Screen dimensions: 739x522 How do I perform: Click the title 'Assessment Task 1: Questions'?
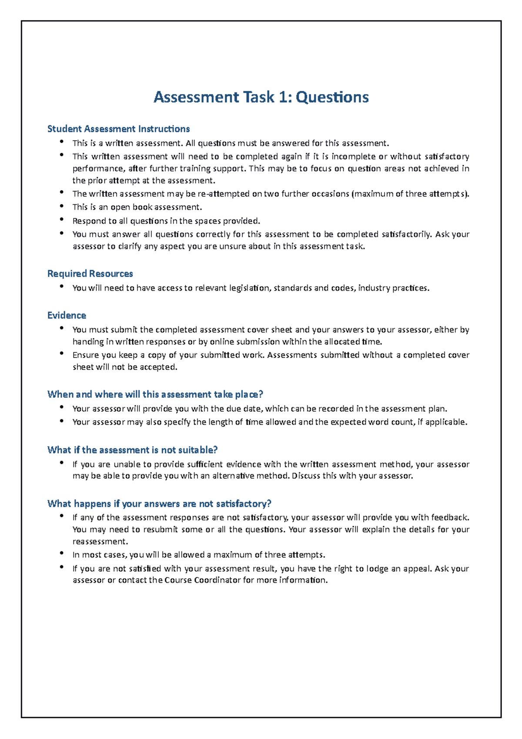pos(261,97)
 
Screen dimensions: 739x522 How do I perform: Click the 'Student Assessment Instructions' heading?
pos(118,129)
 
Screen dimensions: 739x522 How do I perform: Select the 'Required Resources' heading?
pos(90,274)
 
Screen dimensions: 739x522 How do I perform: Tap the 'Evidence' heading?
pos(67,316)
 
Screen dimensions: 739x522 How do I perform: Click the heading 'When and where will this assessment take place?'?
pos(155,394)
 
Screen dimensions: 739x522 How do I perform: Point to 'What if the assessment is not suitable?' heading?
pos(132,450)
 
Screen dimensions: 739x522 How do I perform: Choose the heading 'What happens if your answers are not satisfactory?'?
pos(159,504)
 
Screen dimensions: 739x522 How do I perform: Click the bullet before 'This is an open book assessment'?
pos(62,206)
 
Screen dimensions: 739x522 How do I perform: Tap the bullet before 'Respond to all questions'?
pos(62,220)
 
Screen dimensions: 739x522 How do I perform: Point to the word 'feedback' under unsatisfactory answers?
pos(449,517)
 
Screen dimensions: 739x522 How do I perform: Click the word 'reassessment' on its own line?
pos(100,542)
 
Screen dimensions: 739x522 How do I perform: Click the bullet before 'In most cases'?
pos(62,554)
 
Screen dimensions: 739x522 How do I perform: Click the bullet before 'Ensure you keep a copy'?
pos(62,354)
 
